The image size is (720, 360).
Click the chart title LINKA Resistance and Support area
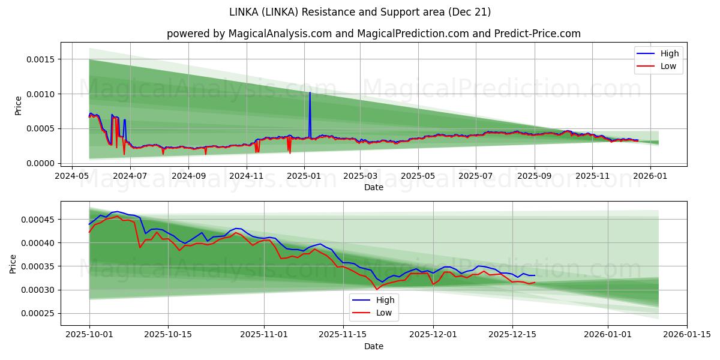click(360, 12)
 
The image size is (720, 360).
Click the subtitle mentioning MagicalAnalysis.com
click(373, 34)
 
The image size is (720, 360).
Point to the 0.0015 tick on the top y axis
click(40, 59)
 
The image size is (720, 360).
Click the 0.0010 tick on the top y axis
click(40, 94)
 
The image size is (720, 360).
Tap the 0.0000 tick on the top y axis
click(40, 163)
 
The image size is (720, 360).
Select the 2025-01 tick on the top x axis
click(304, 177)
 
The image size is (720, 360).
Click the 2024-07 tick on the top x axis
click(130, 177)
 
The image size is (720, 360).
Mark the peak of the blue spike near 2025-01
click(310, 92)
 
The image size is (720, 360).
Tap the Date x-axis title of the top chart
click(373, 188)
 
